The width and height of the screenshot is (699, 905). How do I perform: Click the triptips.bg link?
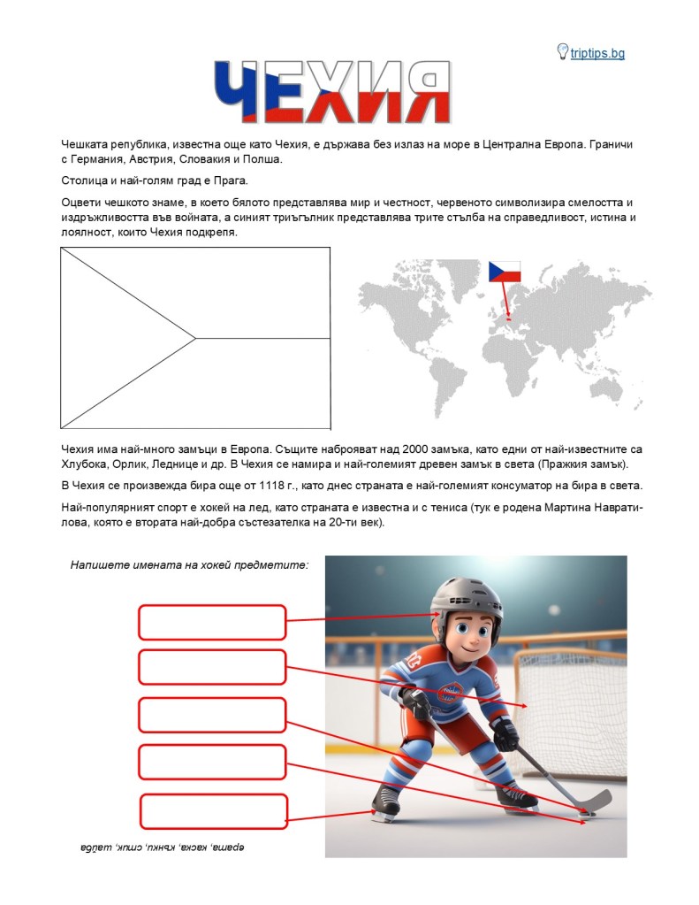coord(597,54)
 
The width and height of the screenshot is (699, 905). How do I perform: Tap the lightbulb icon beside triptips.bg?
coord(562,52)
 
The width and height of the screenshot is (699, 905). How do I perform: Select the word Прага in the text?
coord(230,180)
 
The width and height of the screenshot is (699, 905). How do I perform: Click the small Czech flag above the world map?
coord(505,271)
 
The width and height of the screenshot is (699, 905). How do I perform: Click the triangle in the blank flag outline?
coord(115,338)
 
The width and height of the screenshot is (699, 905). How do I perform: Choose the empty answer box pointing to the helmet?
coord(212,622)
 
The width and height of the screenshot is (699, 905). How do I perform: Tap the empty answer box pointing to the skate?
coord(214,811)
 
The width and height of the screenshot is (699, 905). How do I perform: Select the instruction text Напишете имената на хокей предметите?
coord(189,564)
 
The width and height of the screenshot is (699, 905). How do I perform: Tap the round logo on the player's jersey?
coord(452,693)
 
